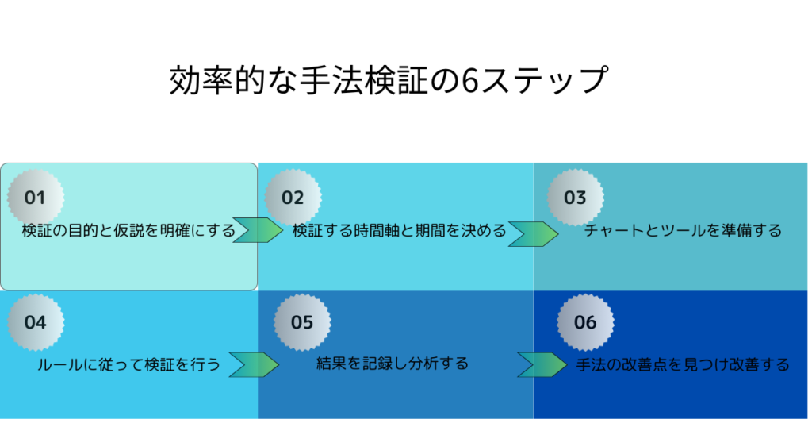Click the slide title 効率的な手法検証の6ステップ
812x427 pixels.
(x=389, y=80)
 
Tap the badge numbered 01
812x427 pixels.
(x=36, y=198)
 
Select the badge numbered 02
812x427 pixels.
(x=293, y=198)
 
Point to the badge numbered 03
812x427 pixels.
(x=576, y=198)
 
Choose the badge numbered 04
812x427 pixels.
(x=36, y=322)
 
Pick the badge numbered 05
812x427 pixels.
(x=302, y=322)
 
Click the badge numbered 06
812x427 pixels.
(x=586, y=322)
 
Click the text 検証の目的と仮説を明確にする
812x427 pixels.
(x=128, y=231)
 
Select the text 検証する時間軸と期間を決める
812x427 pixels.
(x=400, y=231)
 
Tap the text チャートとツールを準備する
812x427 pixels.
(x=683, y=231)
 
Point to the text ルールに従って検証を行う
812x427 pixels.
(x=129, y=365)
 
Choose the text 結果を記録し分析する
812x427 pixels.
(x=393, y=364)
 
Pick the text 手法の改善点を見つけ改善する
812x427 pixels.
(x=683, y=365)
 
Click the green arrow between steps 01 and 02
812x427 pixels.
(x=258, y=230)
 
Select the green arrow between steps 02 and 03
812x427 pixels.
(x=534, y=233)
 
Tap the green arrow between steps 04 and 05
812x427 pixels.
(x=255, y=365)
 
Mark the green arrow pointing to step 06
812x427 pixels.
(x=542, y=365)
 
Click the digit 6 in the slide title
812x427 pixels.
(x=469, y=80)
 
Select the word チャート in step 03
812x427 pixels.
(x=615, y=231)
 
